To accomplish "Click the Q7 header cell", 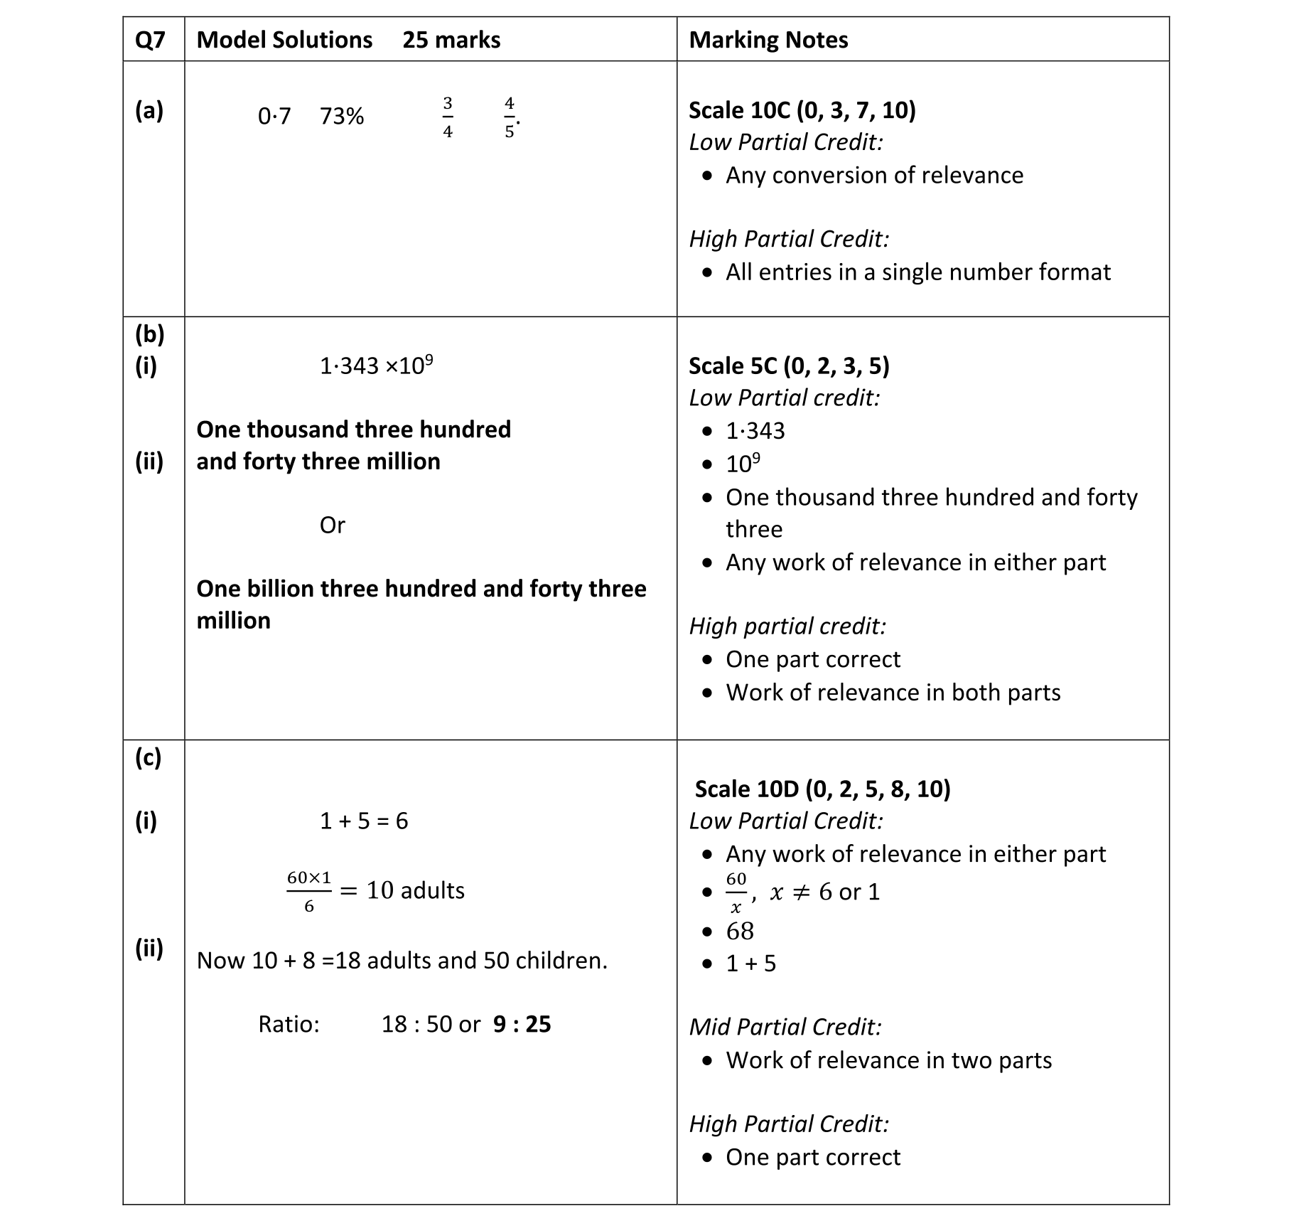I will (150, 40).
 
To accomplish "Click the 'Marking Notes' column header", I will (768, 40).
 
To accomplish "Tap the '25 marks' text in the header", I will (451, 40).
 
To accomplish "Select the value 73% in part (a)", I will (341, 116).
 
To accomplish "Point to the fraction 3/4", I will (448, 117).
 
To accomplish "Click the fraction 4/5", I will (510, 117).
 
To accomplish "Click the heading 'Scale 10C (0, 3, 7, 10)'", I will (802, 110).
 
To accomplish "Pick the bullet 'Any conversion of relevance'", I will (874, 175).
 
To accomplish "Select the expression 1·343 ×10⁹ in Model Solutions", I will (376, 366).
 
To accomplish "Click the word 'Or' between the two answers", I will (332, 525).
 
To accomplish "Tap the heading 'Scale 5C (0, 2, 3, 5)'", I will (789, 366).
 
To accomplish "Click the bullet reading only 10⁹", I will (743, 464).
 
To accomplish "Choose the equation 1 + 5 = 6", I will (364, 821).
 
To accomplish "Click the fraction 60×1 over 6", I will (309, 891).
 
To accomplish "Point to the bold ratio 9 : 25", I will (522, 1024).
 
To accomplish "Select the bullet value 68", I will (739, 931).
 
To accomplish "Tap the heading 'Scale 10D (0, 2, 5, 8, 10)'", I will (822, 789).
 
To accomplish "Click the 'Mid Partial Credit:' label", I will (785, 1027).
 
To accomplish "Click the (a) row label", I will (149, 110).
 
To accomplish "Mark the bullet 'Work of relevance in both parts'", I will (893, 692).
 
